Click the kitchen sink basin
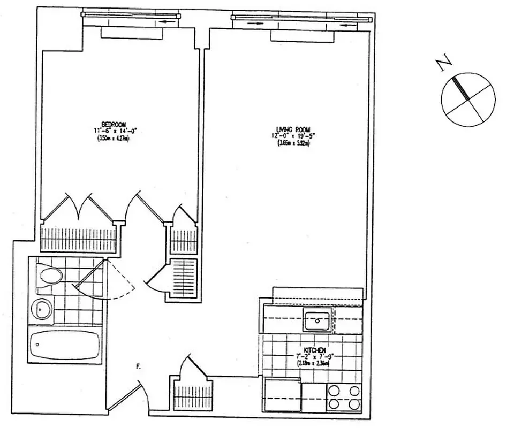point(318,321)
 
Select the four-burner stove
point(344,397)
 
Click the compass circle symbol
point(468,99)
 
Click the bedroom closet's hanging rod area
point(79,235)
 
